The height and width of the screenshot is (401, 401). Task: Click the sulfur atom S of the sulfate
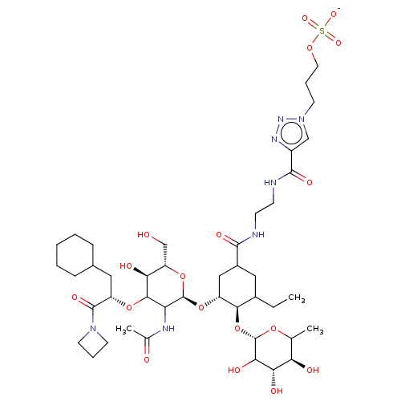point(322,31)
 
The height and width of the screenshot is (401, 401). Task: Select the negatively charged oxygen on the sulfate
point(334,14)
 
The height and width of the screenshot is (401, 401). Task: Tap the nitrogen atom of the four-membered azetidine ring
point(93,328)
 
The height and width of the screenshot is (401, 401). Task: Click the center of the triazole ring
point(291,132)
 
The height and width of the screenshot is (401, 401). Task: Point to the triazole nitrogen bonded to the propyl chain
point(302,119)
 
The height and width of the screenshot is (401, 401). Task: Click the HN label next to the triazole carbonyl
point(270,183)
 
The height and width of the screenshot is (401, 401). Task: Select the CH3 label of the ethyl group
point(297,298)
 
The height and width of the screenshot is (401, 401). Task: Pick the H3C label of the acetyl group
point(124,329)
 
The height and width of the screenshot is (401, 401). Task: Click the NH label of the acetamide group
point(168,328)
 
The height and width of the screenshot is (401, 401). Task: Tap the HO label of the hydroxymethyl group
point(144,235)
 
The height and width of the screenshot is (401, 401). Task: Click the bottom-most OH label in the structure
point(277,391)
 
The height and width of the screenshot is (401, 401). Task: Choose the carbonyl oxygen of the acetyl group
point(147,359)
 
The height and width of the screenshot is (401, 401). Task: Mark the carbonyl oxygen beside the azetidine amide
point(75,298)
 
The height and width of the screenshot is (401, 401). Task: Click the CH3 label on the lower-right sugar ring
point(315,329)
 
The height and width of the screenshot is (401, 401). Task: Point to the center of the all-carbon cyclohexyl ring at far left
point(75,255)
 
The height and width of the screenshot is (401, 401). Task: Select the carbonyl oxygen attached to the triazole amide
point(310,183)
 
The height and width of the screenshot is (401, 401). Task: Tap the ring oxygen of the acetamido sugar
point(183,277)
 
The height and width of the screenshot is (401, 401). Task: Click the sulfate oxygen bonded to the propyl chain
point(310,48)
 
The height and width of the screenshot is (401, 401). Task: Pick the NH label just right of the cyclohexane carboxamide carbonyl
point(258,235)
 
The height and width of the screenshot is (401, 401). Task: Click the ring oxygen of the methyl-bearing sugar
point(273,328)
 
